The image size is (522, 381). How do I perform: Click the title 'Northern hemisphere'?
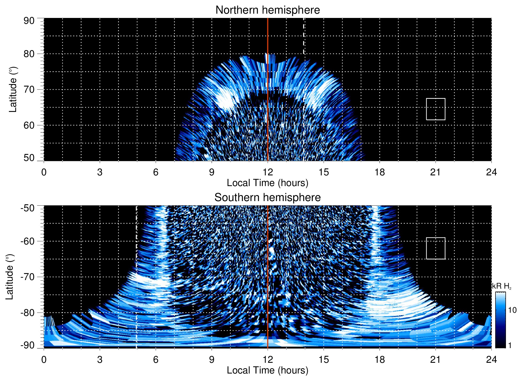(x=267, y=10)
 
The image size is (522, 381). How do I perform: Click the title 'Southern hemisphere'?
(x=267, y=198)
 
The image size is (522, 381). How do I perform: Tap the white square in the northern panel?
(x=436, y=109)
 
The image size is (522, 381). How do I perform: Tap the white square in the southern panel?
(x=436, y=248)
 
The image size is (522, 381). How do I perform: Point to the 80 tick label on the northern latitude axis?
(x=29, y=54)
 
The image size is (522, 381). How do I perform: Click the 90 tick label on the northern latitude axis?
(x=29, y=21)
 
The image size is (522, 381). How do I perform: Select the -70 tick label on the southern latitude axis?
(x=28, y=277)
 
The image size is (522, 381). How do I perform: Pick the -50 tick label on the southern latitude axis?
(x=28, y=208)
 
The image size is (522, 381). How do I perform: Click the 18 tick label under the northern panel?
(x=380, y=172)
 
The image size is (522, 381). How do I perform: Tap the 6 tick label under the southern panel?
(x=156, y=360)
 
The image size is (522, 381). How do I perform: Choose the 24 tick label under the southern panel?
(x=491, y=360)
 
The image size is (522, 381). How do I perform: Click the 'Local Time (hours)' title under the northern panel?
(x=267, y=183)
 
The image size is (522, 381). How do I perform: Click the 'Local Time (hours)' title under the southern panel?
(x=267, y=370)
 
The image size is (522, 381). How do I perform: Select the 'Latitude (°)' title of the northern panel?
(x=13, y=89)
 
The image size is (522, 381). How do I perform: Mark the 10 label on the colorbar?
(x=512, y=310)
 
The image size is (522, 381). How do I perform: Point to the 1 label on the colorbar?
(x=510, y=345)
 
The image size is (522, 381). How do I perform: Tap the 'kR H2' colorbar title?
(x=502, y=286)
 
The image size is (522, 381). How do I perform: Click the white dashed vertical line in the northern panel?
(x=303, y=36)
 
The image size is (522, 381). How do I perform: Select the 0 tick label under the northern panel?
(x=44, y=172)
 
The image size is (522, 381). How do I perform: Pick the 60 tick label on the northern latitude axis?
(x=29, y=125)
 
